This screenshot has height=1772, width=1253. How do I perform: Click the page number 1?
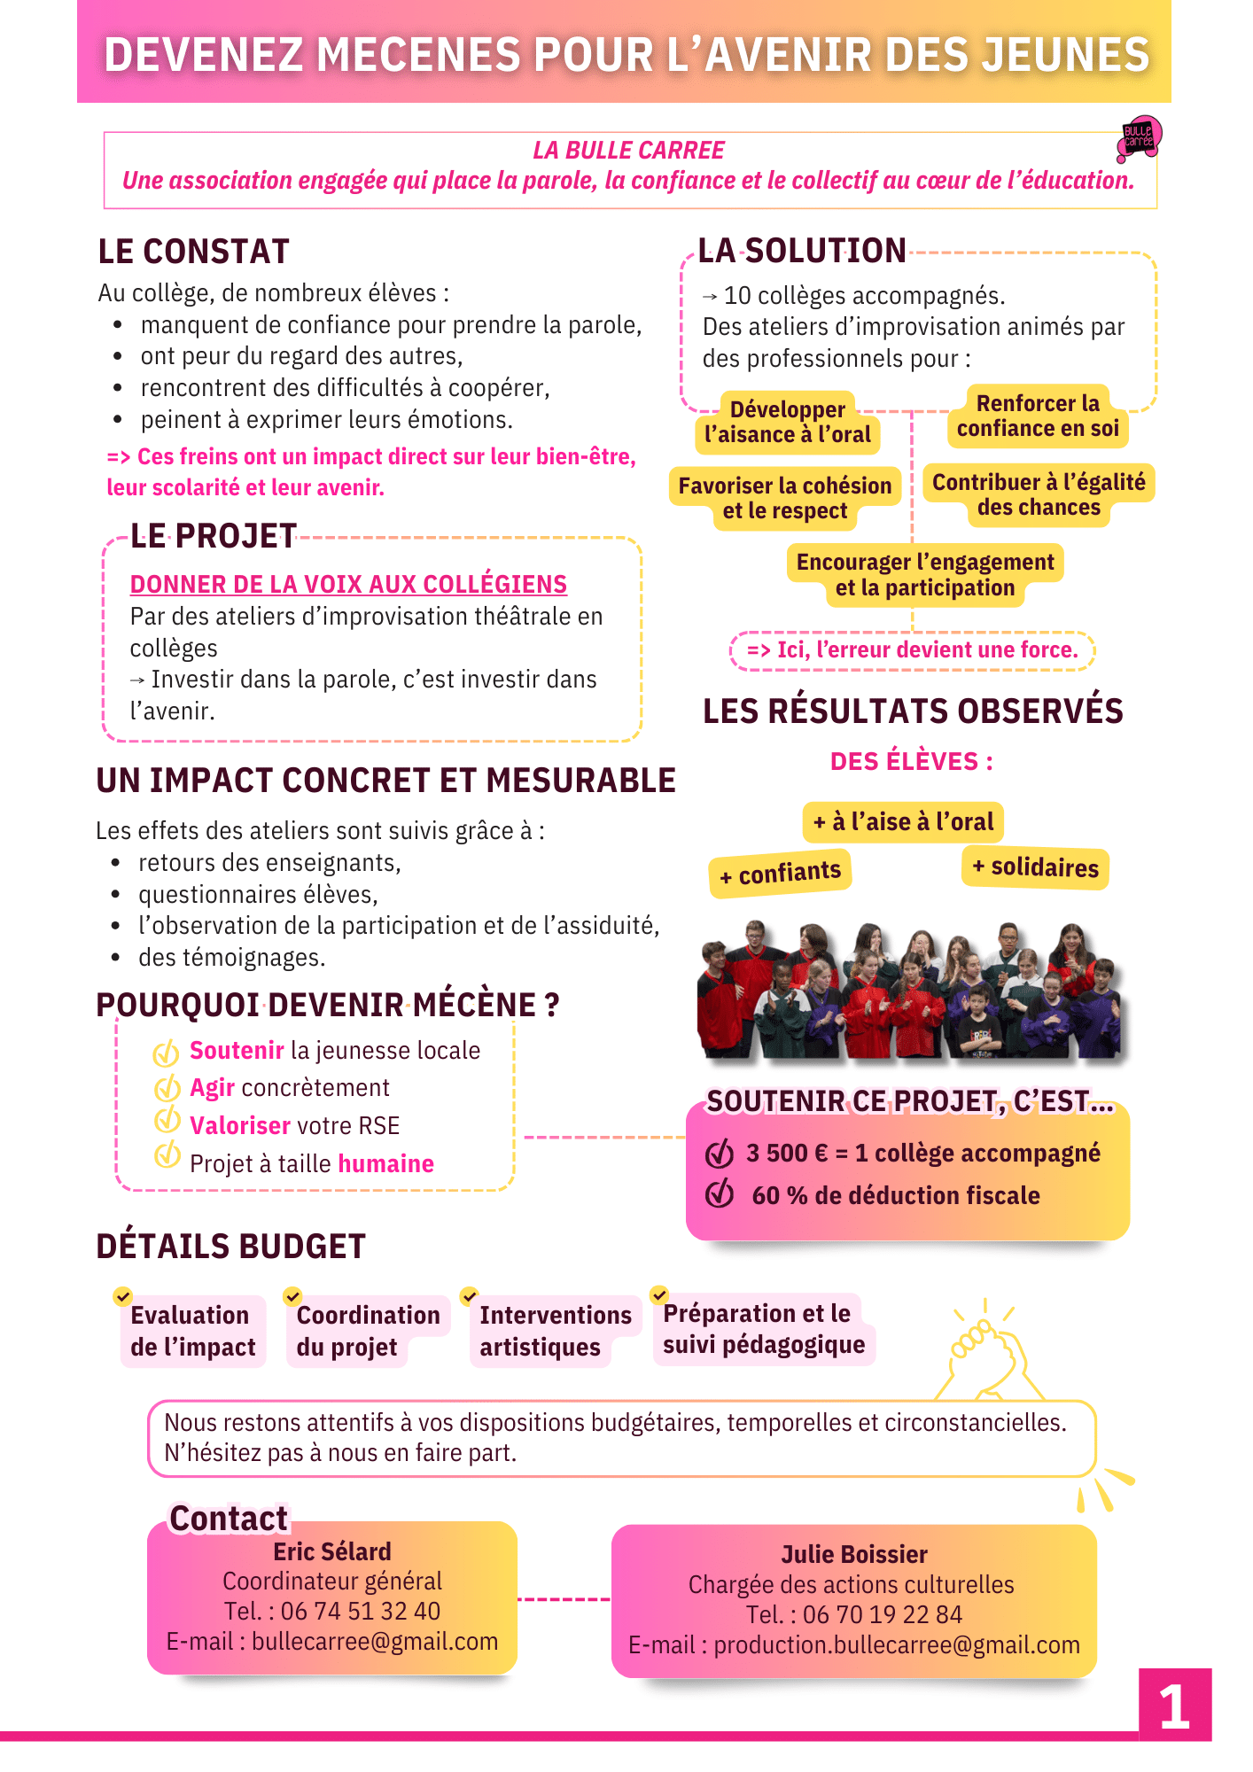[x=1174, y=1706]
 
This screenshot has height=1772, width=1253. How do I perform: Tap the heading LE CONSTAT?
[x=193, y=252]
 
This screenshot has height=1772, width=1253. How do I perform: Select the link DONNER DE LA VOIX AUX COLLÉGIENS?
[x=348, y=585]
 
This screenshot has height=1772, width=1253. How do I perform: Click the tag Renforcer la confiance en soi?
[x=1038, y=416]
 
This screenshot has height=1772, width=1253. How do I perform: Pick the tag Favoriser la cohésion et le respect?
[x=785, y=498]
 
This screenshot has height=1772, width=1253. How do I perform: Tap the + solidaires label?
[x=1035, y=867]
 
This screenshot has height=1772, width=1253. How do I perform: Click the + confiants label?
[x=780, y=874]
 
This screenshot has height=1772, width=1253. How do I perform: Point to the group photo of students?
[x=908, y=991]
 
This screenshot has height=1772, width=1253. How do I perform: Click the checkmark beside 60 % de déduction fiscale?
[x=720, y=1193]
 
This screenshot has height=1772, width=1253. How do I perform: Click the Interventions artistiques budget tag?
[x=555, y=1331]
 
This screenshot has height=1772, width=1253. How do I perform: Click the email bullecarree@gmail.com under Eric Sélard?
[x=374, y=1642]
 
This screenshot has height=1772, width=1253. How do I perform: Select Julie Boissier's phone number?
[x=882, y=1615]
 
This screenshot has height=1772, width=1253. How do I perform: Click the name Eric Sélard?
[x=332, y=1551]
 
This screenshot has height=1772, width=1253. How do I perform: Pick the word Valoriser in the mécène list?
[x=240, y=1126]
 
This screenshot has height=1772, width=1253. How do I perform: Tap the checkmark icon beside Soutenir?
[x=167, y=1053]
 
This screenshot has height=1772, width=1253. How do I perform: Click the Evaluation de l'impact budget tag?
[x=193, y=1331]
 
